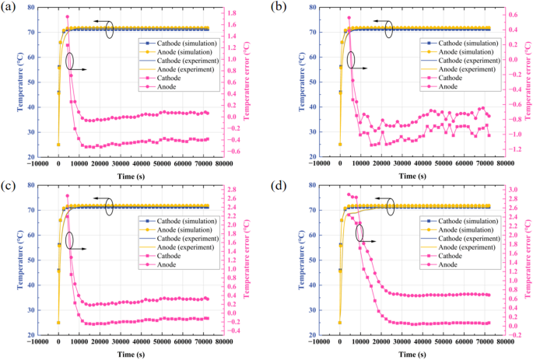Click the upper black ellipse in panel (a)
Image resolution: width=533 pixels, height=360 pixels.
pos(110,29)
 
